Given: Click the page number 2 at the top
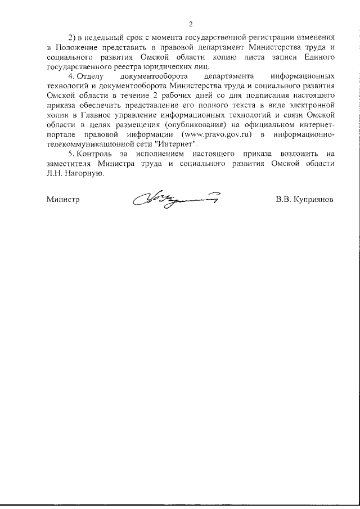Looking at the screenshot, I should coord(191,24).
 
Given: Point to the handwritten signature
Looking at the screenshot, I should coord(175,198).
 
